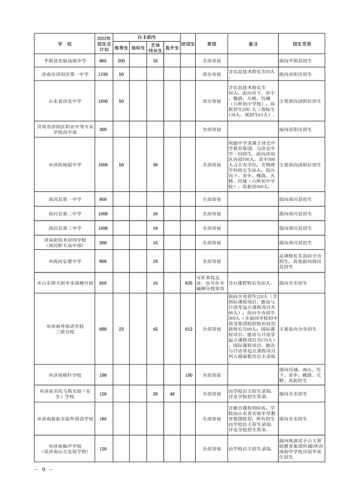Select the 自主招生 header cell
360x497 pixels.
point(146,37)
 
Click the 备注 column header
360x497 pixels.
point(252,43)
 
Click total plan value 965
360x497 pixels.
point(103,60)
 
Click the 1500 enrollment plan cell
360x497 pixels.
point(103,101)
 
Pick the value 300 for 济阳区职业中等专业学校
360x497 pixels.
point(103,129)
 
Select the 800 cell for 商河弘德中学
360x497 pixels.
point(103,261)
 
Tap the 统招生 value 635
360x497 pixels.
point(188,283)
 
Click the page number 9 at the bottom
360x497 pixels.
point(43,471)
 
